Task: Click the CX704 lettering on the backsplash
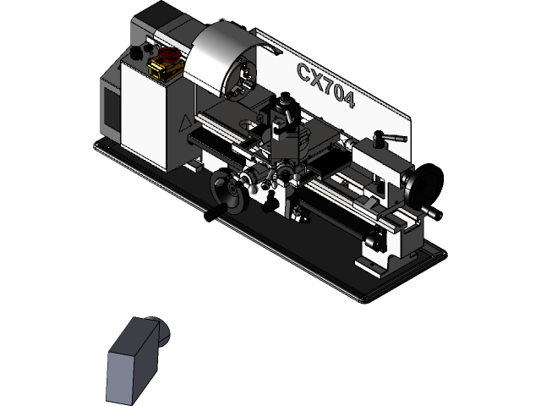click(x=326, y=85)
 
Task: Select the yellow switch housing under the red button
click(x=164, y=70)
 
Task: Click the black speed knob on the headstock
click(x=134, y=54)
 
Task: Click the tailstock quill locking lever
click(x=391, y=137)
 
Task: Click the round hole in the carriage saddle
click(x=246, y=125)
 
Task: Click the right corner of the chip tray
click(x=440, y=249)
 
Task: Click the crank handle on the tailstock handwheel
click(x=432, y=212)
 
